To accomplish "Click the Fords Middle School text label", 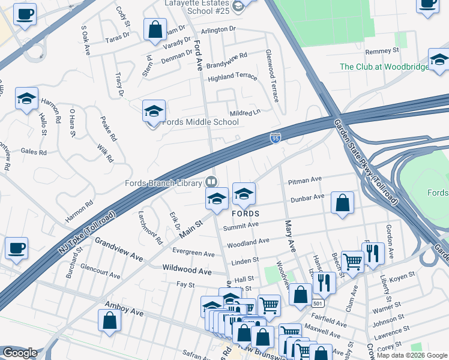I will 200,122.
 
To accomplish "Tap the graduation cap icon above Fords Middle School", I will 154,111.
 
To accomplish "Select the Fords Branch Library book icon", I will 211,181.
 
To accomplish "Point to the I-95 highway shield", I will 275,139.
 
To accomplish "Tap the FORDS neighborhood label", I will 246,214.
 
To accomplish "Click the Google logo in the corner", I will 19,353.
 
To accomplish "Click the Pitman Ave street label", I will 305,180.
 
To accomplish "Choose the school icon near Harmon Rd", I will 26,99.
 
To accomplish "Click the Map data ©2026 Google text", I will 412,355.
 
